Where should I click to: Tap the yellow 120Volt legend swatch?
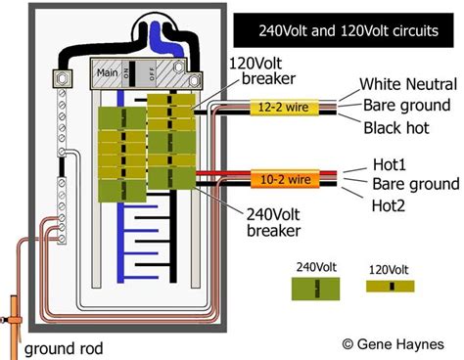(x=391, y=286)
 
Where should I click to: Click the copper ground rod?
(x=15, y=313)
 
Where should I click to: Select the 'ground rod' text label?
(x=63, y=347)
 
